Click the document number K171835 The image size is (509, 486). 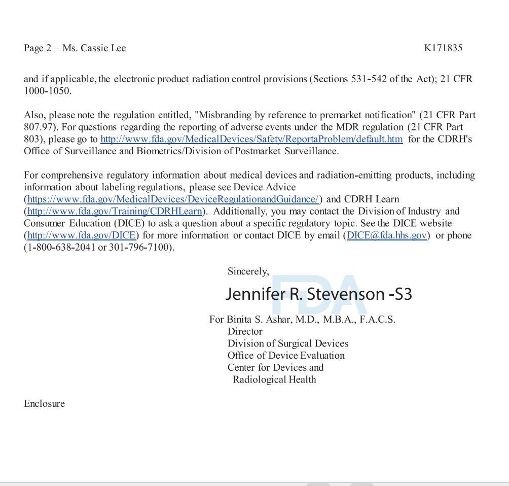tap(443, 48)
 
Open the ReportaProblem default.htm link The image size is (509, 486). tap(251, 139)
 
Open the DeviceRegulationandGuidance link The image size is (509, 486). tap(173, 199)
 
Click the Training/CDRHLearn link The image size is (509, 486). tap(115, 212)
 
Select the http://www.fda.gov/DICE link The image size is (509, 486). tap(81, 235)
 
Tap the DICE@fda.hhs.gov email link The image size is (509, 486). tap(386, 235)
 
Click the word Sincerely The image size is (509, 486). tap(248, 271)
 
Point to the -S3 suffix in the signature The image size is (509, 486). tap(401, 294)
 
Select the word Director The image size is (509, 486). tap(245, 332)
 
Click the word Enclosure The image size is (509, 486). tap(44, 404)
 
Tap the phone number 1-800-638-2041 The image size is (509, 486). tap(61, 248)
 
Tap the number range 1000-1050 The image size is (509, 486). tap(47, 91)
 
